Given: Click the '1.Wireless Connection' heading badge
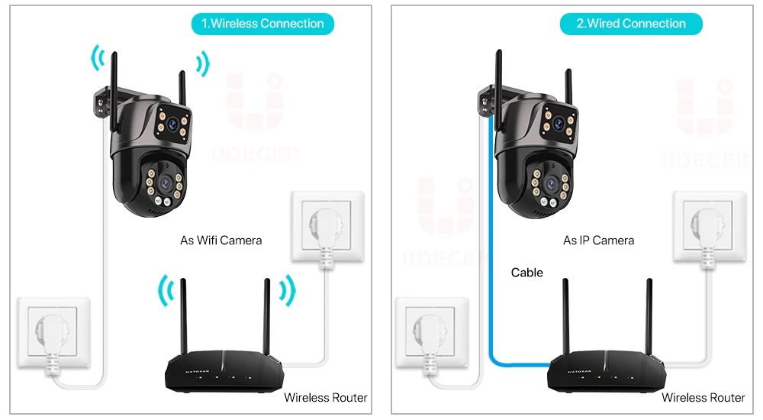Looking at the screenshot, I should (262, 24).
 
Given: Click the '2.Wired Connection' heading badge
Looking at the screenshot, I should (630, 24).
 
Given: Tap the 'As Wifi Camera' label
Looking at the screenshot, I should (221, 240).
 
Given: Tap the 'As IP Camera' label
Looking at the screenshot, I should (598, 240).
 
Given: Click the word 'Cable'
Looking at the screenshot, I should (527, 272).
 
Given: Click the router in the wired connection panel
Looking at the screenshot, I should (599, 374).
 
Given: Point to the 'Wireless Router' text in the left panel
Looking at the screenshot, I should (326, 397).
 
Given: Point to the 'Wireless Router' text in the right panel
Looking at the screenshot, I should (703, 397).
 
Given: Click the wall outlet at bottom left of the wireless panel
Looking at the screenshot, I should (53, 333).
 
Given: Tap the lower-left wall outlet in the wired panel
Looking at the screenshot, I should (431, 333).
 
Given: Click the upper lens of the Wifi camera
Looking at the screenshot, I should (174, 122).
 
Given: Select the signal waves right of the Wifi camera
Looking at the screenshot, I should (203, 64).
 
